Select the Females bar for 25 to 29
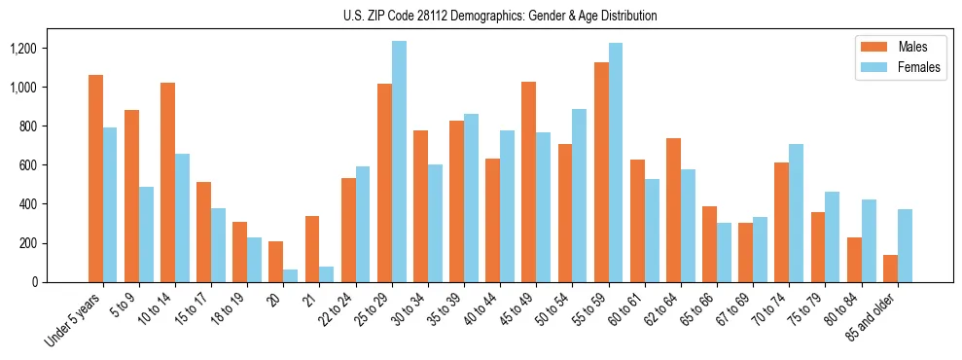coord(399,162)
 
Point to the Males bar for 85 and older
coord(890,269)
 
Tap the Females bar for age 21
coord(327,274)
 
